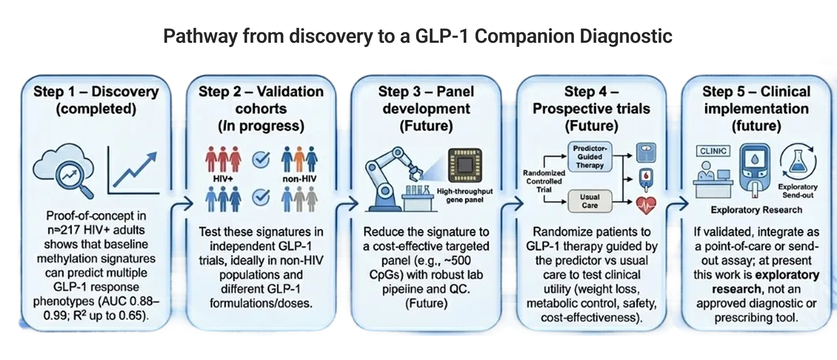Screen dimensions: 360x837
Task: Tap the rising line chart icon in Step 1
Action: point(134,172)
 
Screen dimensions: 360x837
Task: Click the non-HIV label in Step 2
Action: point(299,179)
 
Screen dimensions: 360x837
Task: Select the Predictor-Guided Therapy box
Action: point(589,157)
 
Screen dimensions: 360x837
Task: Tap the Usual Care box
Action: point(589,201)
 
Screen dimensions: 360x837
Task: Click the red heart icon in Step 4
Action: point(646,204)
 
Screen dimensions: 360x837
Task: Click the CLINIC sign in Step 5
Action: point(713,151)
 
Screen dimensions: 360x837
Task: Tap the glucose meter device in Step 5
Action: point(755,169)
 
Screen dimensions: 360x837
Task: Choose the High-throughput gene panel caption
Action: point(465,195)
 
